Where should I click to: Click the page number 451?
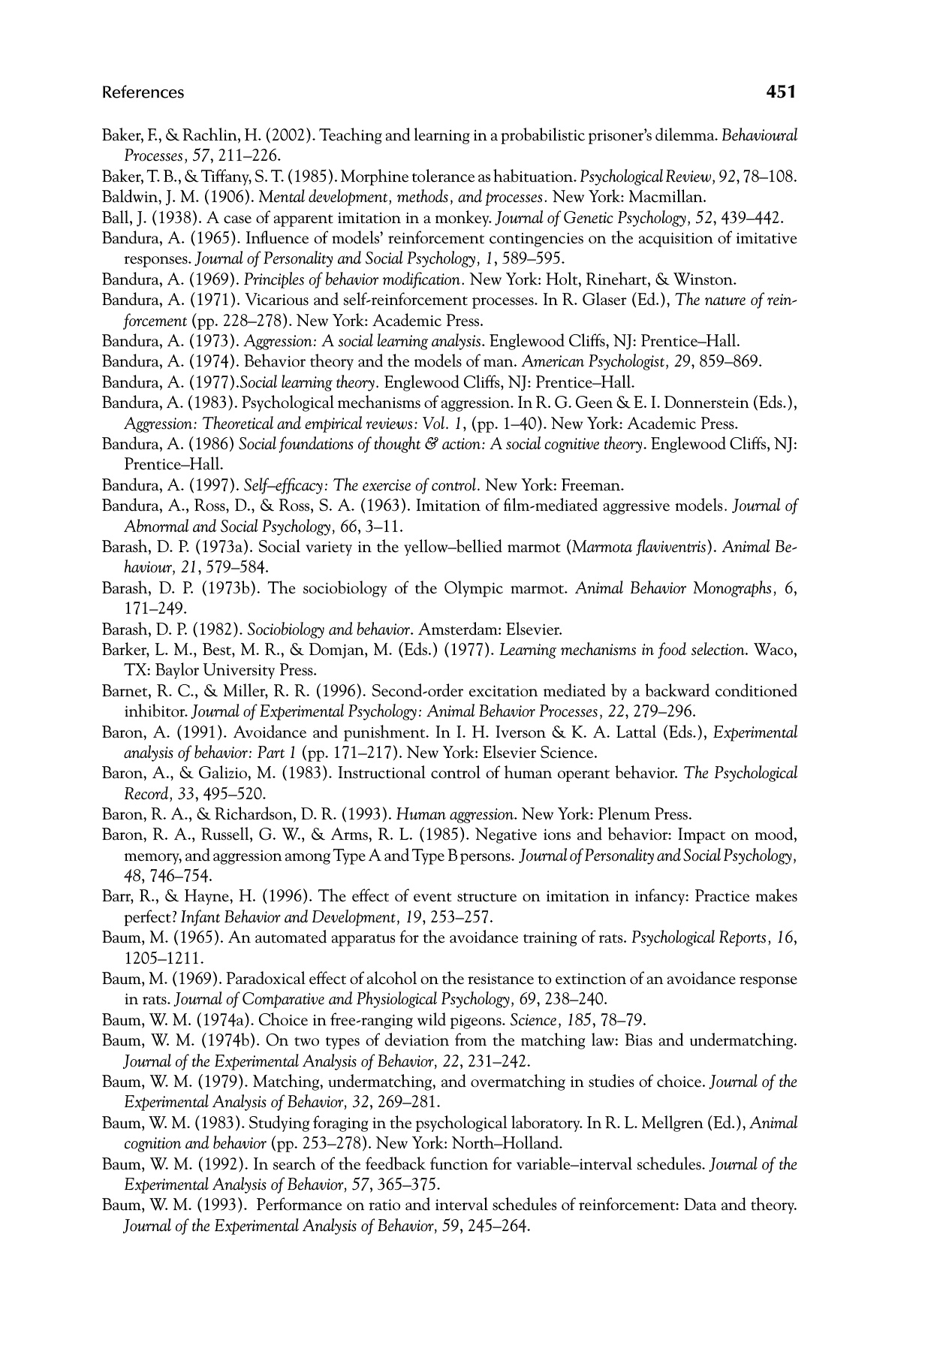781,92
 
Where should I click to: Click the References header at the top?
143,92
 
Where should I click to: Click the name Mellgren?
662,1124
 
